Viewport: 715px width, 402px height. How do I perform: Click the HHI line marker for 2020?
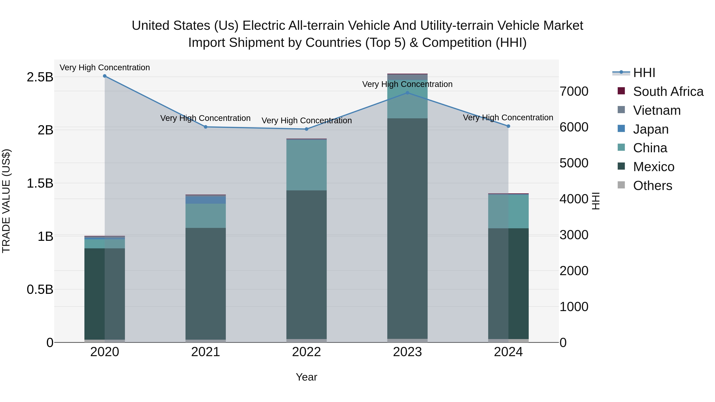(105, 76)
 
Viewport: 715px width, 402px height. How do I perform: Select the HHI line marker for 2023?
(408, 93)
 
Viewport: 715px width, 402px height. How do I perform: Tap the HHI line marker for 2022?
(306, 129)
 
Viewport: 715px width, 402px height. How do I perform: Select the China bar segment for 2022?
(306, 165)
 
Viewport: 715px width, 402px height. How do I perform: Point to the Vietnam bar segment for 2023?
(408, 77)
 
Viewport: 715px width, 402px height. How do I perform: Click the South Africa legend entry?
(668, 92)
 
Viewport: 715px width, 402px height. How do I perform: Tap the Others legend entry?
(652, 186)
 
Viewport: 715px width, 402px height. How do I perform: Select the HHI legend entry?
(644, 73)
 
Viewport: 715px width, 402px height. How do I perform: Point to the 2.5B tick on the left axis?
(40, 77)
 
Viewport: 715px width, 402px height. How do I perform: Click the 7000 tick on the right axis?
(574, 91)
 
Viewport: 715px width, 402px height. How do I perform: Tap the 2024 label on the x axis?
(508, 352)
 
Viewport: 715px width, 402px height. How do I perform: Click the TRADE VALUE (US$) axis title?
(6, 201)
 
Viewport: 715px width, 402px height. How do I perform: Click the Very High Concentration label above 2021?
(205, 118)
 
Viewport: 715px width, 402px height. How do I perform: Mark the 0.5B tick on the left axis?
(40, 290)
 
